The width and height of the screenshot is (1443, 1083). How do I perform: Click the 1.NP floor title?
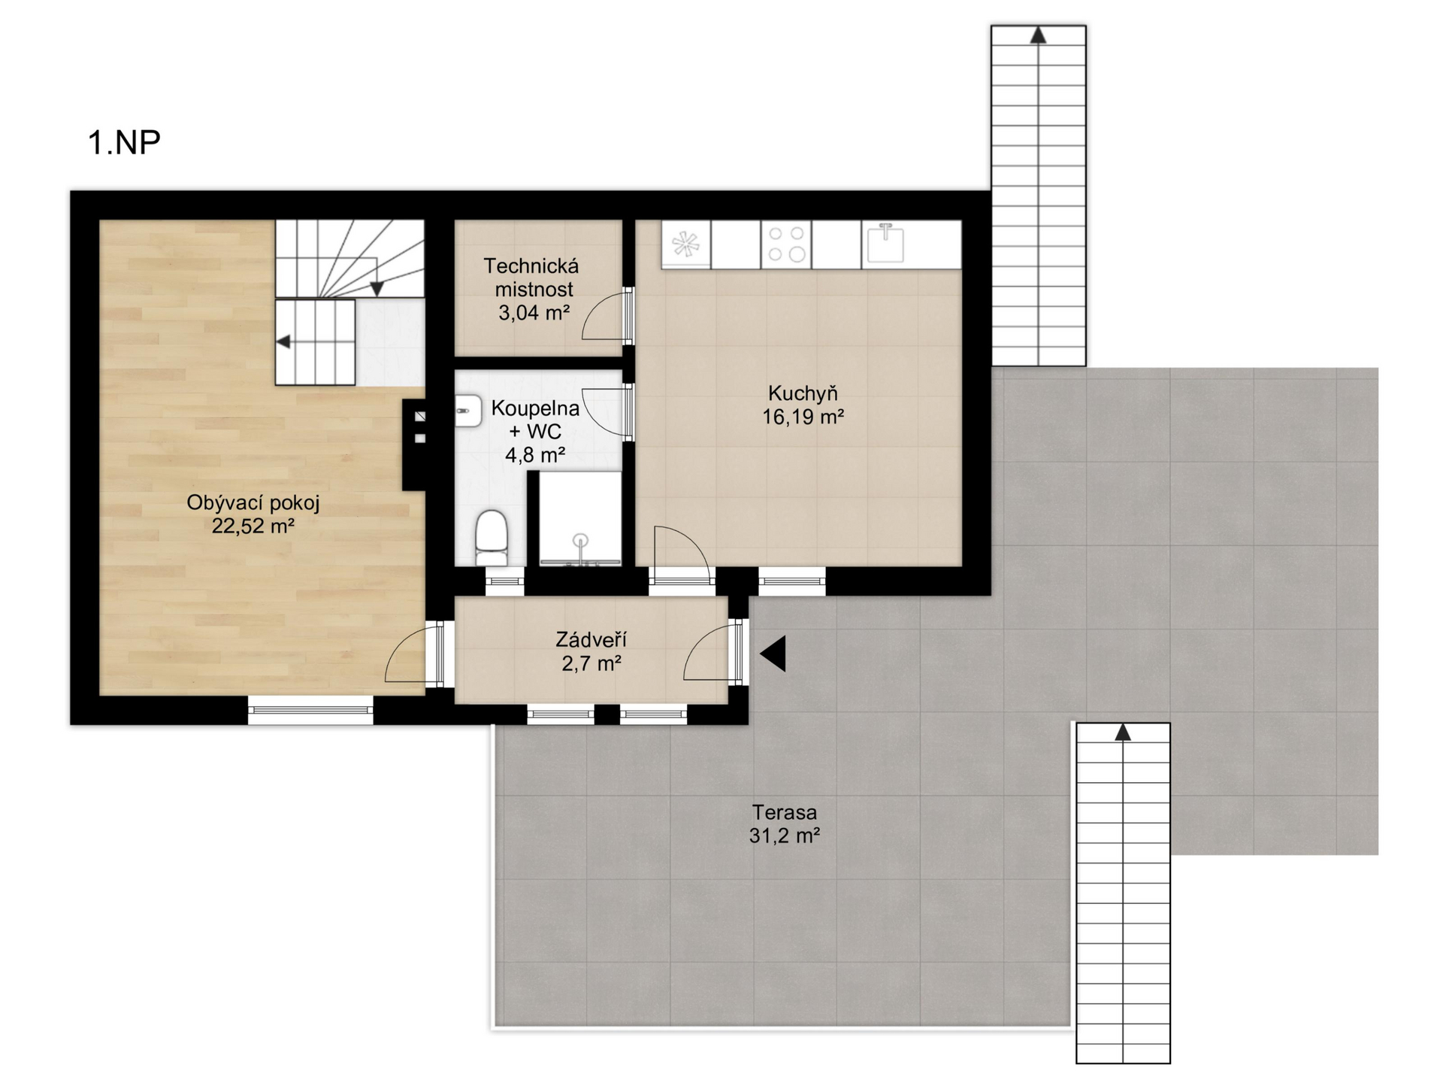124,142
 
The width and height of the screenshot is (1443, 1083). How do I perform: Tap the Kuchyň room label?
803,393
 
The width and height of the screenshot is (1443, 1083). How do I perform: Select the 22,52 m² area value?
253,526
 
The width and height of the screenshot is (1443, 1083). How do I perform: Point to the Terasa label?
785,812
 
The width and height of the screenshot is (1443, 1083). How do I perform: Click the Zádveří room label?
591,640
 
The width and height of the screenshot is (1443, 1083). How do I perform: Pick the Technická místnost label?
531,278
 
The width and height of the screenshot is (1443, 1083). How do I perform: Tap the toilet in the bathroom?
492,537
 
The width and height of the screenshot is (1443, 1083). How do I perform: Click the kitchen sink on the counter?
885,243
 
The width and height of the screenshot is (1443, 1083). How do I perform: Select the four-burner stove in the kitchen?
786,244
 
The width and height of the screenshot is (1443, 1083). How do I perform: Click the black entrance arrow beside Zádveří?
773,654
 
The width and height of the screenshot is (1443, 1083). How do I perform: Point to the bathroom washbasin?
467,411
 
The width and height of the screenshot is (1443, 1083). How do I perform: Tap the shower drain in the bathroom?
580,540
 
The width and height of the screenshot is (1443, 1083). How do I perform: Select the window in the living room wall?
310,710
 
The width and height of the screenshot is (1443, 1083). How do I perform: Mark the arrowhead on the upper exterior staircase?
1038,35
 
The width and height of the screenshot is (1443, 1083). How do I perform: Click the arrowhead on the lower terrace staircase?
1123,732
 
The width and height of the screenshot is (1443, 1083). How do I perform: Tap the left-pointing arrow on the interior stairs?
283,342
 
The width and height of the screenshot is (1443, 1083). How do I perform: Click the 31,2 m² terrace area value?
784,836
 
